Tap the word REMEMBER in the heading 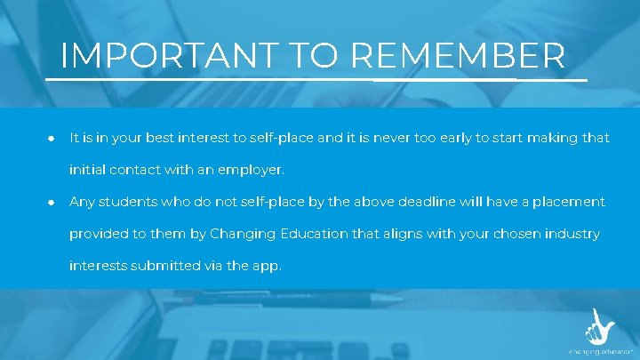tap(458, 56)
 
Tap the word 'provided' tap(101, 234)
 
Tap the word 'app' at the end tap(266, 265)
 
